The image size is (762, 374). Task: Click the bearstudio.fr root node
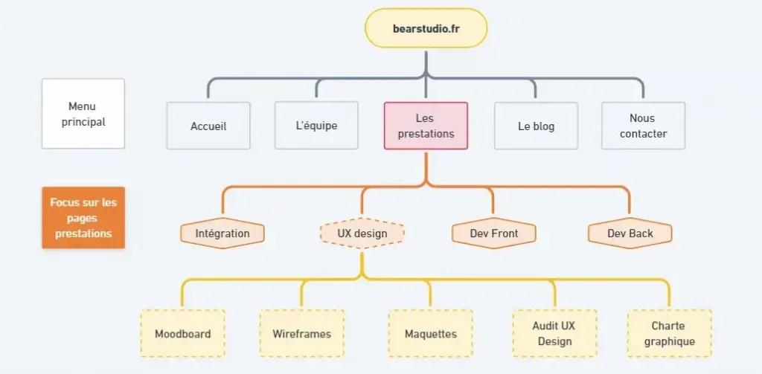click(426, 28)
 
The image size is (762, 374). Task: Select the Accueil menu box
click(208, 126)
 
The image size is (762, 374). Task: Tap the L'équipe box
click(316, 126)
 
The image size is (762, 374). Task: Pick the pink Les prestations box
click(426, 126)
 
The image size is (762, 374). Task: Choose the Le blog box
click(536, 126)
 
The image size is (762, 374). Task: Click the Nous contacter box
click(643, 126)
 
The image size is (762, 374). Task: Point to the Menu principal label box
click(83, 114)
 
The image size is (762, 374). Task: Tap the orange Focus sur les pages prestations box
click(83, 217)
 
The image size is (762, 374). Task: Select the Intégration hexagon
click(222, 233)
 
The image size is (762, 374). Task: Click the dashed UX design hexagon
click(362, 233)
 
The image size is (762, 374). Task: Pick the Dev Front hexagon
click(493, 233)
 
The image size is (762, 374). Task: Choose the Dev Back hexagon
click(630, 233)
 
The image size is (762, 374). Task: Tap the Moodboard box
click(182, 333)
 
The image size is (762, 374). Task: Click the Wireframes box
click(301, 333)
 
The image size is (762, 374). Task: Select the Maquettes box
click(430, 333)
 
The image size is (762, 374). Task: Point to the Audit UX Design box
click(554, 333)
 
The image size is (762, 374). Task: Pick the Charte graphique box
click(669, 333)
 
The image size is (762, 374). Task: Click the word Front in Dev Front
click(504, 233)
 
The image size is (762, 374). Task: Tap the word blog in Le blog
click(543, 126)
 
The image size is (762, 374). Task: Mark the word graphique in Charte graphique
click(669, 342)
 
